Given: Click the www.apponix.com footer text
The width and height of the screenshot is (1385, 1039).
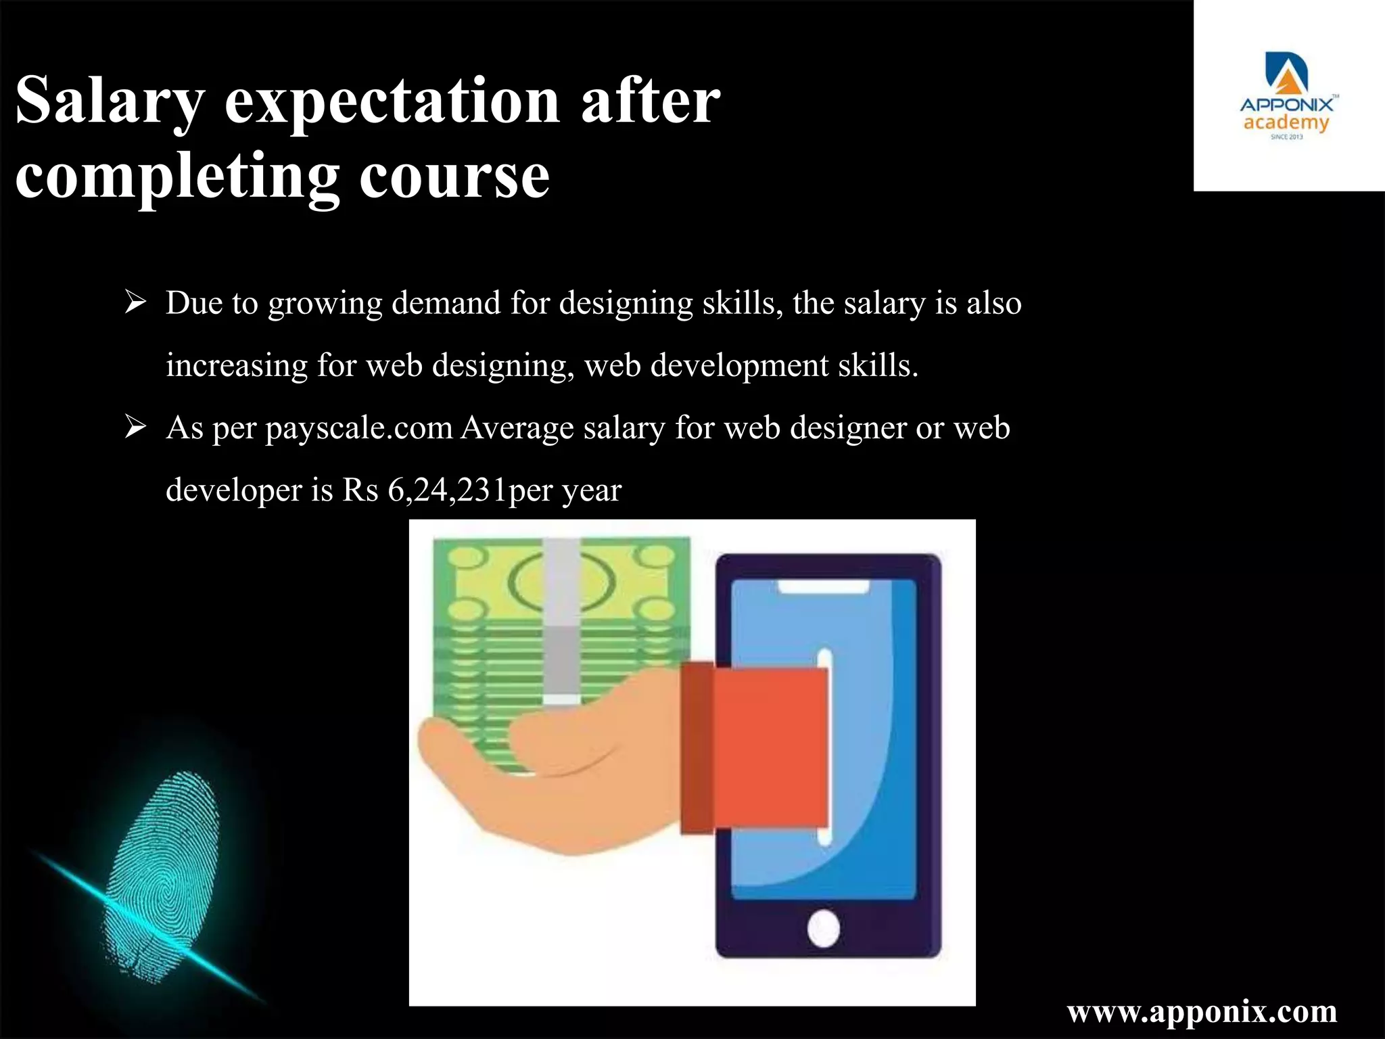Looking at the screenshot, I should point(1202,1011).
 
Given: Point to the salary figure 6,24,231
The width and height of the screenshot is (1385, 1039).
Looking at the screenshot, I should point(447,490).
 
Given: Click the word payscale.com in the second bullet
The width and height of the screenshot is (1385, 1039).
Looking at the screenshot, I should point(358,428).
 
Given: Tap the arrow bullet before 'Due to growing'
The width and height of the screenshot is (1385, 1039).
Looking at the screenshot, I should point(135,302).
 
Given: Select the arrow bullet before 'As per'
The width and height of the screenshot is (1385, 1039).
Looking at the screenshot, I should point(135,428).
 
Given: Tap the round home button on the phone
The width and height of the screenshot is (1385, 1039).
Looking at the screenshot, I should point(824,928).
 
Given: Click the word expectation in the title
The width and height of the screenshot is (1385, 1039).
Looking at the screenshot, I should point(392,101).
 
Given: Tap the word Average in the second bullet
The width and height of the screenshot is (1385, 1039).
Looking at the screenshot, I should point(517,428).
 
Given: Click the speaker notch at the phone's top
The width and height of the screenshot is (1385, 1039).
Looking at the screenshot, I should point(824,587).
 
